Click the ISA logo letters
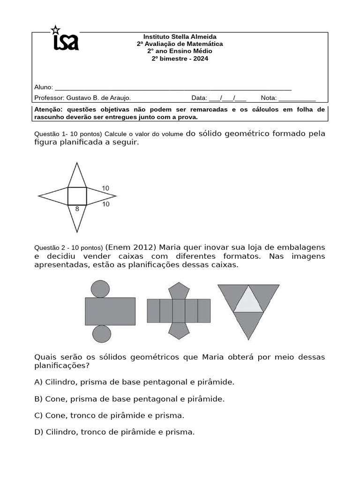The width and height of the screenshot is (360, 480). tap(66, 42)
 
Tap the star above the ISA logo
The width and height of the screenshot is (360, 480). tap(55, 30)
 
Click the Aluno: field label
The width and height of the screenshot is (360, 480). tap(44, 87)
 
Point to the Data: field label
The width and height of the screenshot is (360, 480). tap(199, 98)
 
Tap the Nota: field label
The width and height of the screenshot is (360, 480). tap(269, 98)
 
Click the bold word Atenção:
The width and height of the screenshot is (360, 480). tap(50, 110)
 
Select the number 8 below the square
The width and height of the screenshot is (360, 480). tap(77, 210)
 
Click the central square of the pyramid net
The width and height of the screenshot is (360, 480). tap(77, 196)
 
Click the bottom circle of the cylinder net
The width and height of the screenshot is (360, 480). tap(101, 334)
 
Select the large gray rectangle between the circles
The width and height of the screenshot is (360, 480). tap(110, 311)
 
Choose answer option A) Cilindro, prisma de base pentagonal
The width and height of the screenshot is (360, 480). tap(134, 382)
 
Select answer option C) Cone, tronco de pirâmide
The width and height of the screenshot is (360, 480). tap(109, 415)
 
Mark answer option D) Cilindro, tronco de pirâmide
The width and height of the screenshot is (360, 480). tap(114, 432)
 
